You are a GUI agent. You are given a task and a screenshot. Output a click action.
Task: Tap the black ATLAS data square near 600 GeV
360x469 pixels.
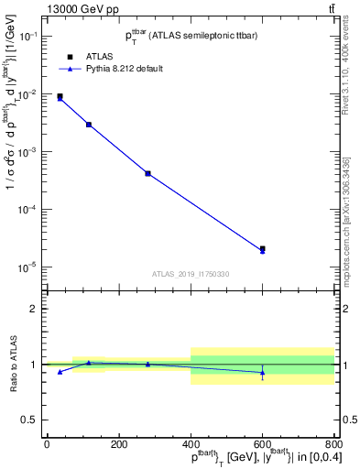(263, 248)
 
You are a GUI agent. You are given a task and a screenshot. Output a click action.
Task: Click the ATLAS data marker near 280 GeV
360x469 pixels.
(147, 173)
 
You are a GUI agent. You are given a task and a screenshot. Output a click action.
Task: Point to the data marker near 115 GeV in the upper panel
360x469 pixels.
(89, 124)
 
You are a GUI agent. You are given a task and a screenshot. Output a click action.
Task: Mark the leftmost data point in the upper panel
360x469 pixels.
(60, 96)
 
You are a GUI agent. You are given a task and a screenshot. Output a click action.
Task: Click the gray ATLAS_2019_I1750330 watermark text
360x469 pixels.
(190, 274)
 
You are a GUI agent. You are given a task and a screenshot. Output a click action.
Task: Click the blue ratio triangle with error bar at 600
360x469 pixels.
(263, 371)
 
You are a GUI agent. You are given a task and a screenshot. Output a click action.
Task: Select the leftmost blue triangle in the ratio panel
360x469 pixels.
(60, 372)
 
